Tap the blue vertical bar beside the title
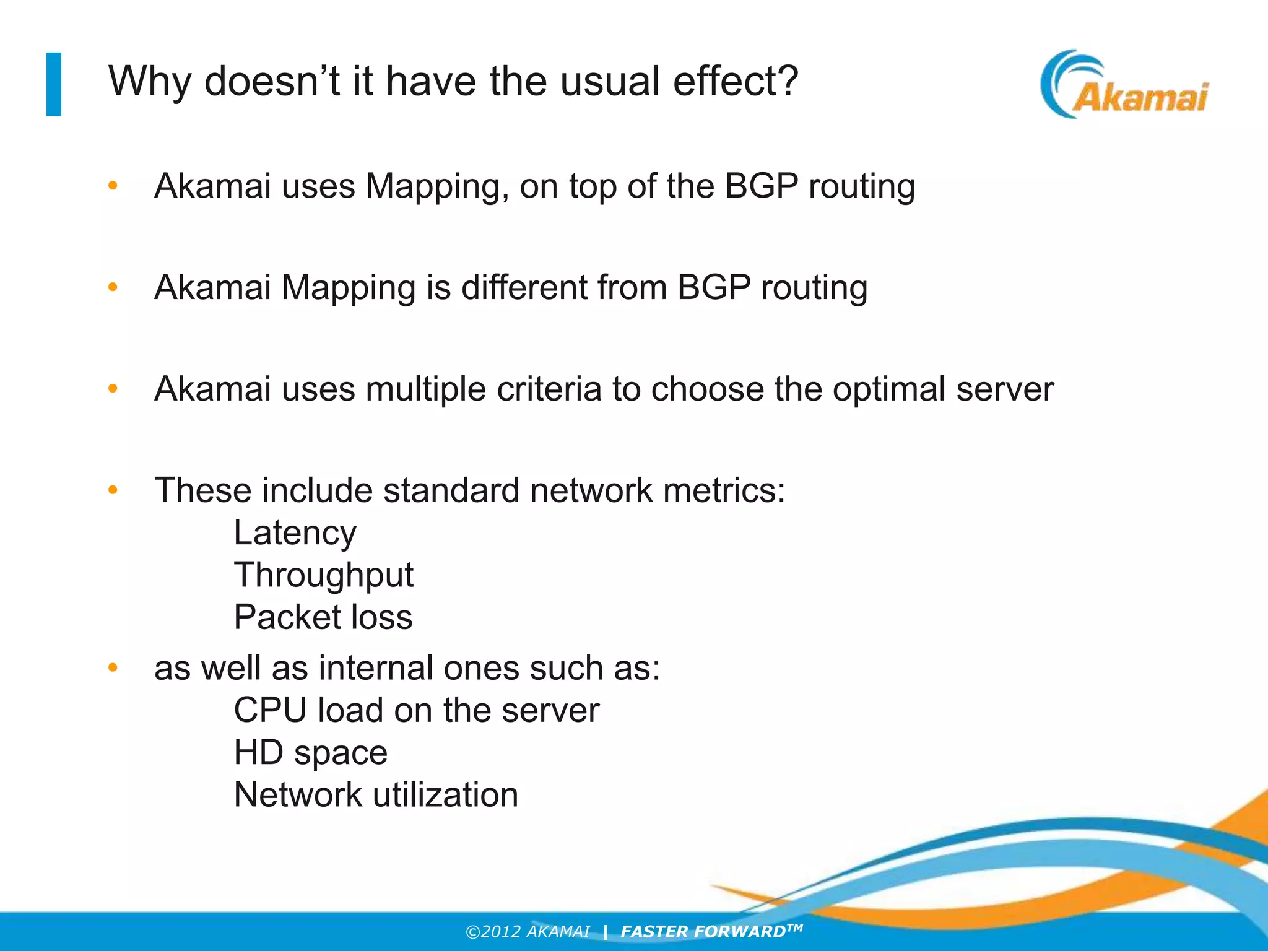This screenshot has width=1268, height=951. pyautogui.click(x=54, y=84)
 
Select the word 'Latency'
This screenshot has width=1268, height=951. pyautogui.click(x=295, y=533)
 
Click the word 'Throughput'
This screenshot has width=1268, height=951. pyautogui.click(x=323, y=575)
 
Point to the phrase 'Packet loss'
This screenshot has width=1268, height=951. pyautogui.click(x=323, y=617)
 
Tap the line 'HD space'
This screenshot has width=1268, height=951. pyautogui.click(x=310, y=753)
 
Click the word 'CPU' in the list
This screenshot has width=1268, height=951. pyautogui.click(x=270, y=710)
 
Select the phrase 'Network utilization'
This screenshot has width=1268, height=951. pyautogui.click(x=376, y=795)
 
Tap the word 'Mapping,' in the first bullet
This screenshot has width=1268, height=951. pyautogui.click(x=437, y=186)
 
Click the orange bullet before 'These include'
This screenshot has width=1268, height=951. pyautogui.click(x=113, y=490)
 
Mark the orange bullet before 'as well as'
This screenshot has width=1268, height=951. pyautogui.click(x=113, y=668)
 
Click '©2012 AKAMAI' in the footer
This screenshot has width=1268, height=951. pyautogui.click(x=528, y=932)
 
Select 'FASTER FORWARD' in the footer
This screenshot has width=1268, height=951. pyautogui.click(x=703, y=932)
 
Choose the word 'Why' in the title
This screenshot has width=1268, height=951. pyautogui.click(x=149, y=81)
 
